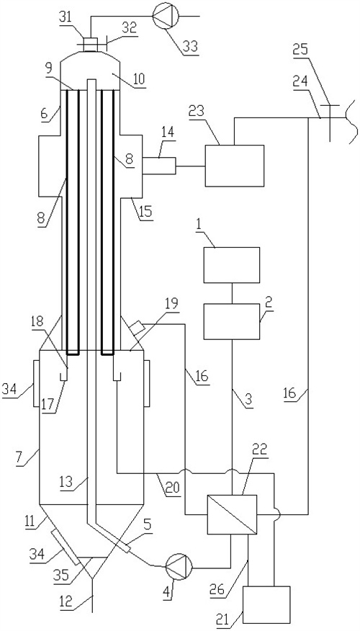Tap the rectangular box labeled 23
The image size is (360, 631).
(x=235, y=166)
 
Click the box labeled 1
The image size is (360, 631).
(x=232, y=265)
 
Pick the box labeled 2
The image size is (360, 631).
(x=232, y=321)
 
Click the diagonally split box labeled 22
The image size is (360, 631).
(x=232, y=515)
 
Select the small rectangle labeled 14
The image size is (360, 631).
(x=159, y=166)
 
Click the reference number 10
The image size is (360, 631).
(x=138, y=79)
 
